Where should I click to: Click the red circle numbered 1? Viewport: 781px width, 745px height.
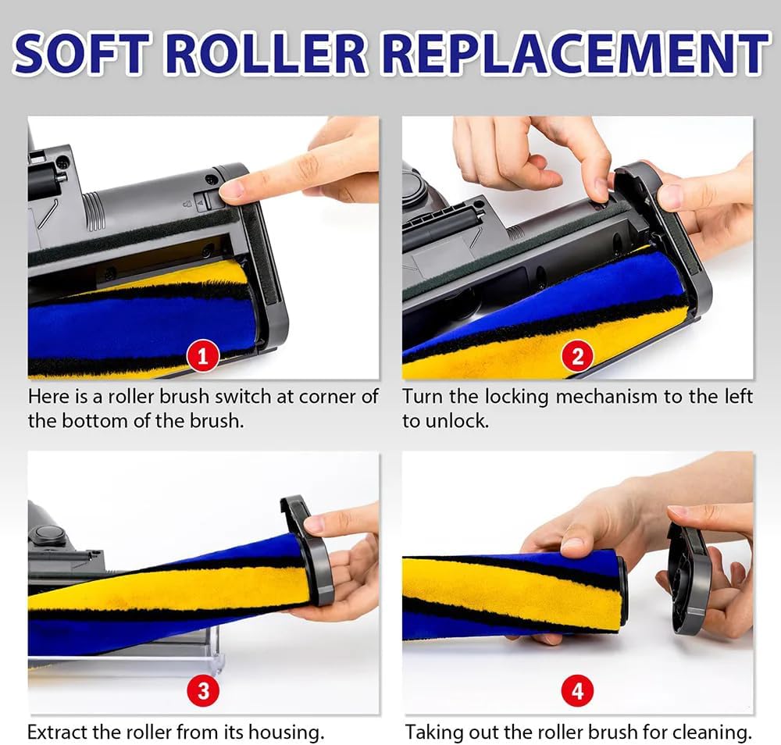202,357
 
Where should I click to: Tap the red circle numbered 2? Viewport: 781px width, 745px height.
577,357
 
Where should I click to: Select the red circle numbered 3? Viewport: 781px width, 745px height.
203,690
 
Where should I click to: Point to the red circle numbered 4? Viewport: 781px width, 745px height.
577,690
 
